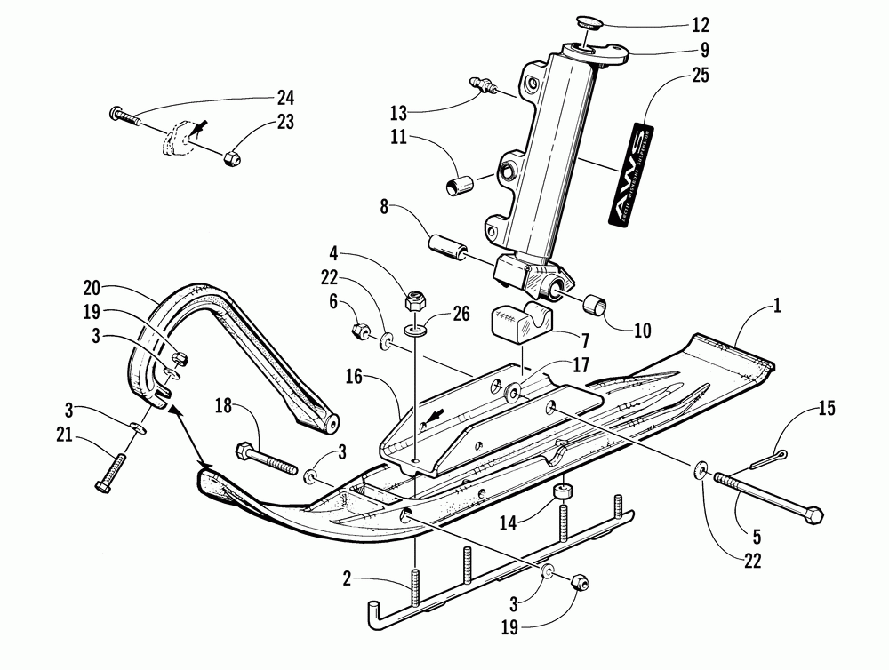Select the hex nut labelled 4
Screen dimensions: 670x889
click(x=413, y=299)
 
